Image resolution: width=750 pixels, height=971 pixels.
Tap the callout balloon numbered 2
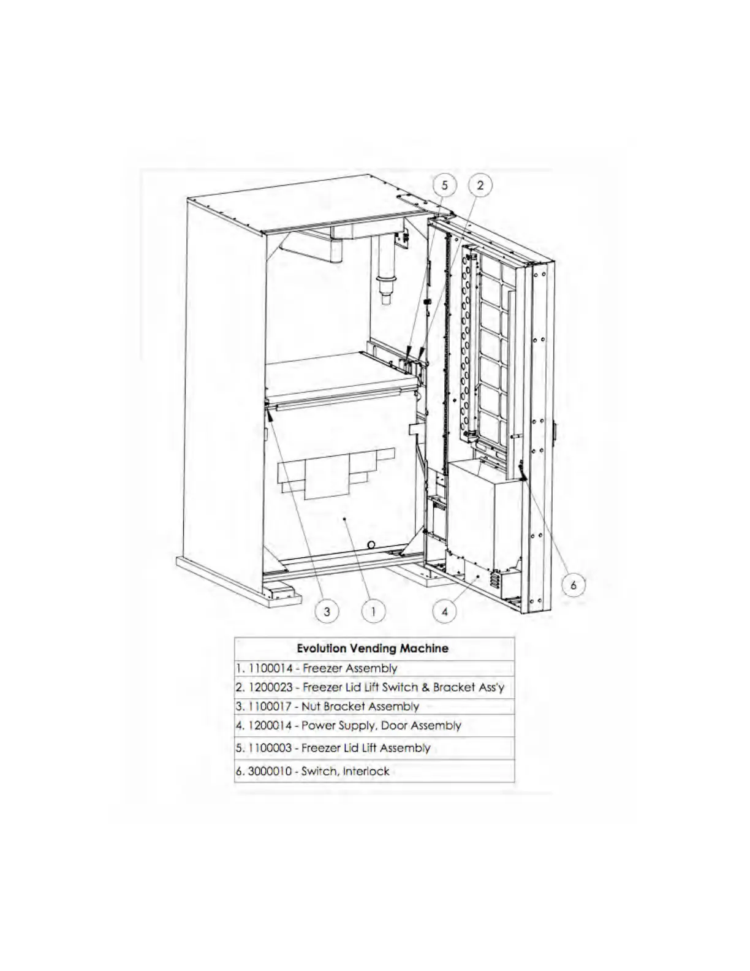tap(480, 185)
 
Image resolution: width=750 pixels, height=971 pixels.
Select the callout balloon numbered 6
tap(574, 585)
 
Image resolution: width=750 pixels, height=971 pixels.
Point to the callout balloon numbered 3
tap(327, 611)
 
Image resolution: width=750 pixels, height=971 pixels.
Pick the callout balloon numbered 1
tap(374, 611)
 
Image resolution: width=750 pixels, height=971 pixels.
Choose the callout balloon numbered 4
tap(445, 611)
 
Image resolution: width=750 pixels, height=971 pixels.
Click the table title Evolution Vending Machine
tap(373, 648)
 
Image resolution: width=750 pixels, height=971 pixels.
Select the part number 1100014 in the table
tap(270, 668)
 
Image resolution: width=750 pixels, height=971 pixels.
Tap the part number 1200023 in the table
tap(270, 687)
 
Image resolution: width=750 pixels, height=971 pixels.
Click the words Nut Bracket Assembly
tap(360, 706)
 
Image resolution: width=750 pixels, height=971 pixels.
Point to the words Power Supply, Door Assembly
tap(381, 726)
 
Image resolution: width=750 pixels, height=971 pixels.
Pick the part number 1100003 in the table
tap(270, 748)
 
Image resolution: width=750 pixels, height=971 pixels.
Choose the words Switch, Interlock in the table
tap(345, 771)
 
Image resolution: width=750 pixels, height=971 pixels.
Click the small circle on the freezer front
tap(371, 544)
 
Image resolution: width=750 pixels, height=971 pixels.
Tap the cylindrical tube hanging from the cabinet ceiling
tap(387, 270)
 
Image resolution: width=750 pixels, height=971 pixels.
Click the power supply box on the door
tap(484, 515)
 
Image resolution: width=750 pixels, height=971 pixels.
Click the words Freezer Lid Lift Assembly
tap(366, 748)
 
